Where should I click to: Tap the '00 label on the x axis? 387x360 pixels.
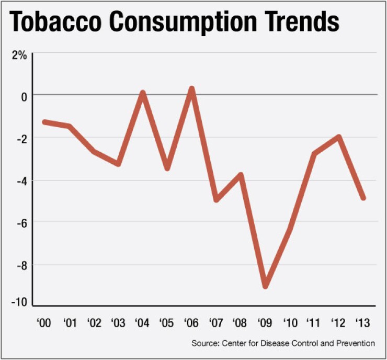tap(44, 323)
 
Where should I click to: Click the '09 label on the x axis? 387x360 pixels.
tap(265, 323)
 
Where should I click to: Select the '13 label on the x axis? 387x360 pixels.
tap(362, 323)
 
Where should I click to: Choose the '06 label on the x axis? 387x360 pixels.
tap(191, 323)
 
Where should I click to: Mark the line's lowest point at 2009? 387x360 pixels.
tap(266, 286)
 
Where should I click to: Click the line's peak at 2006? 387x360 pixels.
tap(192, 89)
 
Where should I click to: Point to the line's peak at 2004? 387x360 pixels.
tap(143, 93)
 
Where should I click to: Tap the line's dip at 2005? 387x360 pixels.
tap(167, 168)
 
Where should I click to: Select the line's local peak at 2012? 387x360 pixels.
tap(339, 137)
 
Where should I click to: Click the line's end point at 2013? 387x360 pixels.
tap(363, 198)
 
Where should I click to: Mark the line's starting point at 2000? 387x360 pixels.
tap(45, 122)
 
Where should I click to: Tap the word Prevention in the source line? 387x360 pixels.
tap(356, 343)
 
